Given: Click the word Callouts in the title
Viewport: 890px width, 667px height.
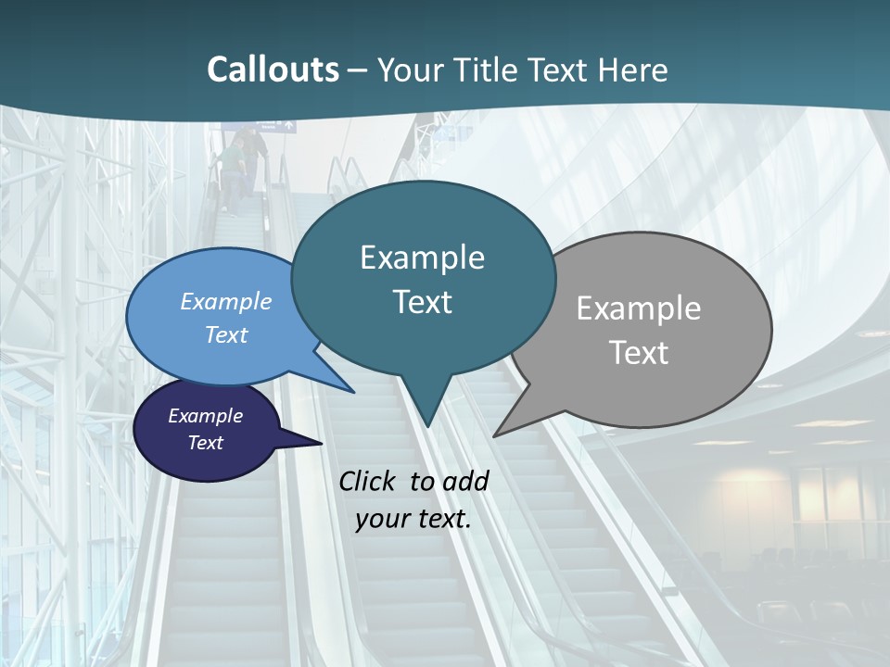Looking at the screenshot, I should (x=273, y=69).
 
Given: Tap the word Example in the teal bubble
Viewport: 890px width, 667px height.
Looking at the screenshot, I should (x=422, y=258).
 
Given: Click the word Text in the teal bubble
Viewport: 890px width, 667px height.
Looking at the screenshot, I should (x=422, y=302).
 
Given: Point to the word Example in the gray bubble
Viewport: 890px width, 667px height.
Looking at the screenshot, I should (x=639, y=308).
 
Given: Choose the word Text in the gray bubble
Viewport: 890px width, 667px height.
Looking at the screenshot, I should (x=639, y=353).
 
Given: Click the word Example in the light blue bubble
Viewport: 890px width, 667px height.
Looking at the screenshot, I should (x=226, y=301).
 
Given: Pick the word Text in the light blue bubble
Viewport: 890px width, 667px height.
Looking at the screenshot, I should (x=226, y=334).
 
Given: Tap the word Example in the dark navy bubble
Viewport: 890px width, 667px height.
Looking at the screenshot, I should (x=205, y=416).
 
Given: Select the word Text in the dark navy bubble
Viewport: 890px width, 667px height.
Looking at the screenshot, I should (x=205, y=443).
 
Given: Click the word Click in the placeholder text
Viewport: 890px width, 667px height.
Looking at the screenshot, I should (x=370, y=481).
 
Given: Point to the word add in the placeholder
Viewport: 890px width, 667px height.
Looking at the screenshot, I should (x=465, y=481).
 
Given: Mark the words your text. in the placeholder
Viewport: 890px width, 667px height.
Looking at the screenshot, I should (x=413, y=519).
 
